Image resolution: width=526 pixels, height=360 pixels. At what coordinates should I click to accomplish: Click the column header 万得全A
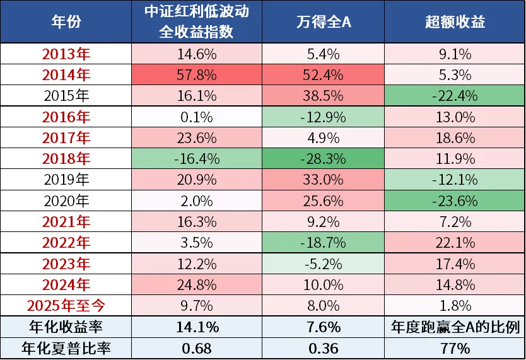323,22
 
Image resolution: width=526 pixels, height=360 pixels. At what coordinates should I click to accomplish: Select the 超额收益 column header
455,22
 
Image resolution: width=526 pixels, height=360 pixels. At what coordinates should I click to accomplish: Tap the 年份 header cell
66,22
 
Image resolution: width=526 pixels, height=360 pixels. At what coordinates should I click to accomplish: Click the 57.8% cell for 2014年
197,75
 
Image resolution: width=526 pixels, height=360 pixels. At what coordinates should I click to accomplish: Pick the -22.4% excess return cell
455,96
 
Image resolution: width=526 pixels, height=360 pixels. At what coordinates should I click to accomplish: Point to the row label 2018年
66,158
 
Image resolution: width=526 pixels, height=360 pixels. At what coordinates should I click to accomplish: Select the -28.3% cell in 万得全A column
323,158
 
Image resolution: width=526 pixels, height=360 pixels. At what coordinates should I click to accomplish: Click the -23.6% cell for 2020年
455,200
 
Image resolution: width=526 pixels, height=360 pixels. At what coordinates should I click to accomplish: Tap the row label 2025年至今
66,306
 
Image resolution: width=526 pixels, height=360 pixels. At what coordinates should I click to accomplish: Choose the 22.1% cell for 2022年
455,243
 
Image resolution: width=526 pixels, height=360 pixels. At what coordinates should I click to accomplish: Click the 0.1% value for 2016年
197,117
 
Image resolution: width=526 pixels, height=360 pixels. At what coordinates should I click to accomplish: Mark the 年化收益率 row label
66,327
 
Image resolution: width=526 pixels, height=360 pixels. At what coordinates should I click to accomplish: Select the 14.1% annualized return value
197,327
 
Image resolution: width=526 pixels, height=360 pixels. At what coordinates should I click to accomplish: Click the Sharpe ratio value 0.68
197,347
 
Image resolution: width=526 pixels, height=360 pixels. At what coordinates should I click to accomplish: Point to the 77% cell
455,347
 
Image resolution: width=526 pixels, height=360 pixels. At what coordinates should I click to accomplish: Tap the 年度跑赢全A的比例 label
455,327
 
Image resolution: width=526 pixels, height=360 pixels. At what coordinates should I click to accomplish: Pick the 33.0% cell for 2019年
323,180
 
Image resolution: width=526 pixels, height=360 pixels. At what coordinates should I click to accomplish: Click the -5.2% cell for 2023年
323,264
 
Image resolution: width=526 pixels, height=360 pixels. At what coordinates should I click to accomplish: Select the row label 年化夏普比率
66,347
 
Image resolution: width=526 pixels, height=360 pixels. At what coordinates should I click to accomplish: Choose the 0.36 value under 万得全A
323,347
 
